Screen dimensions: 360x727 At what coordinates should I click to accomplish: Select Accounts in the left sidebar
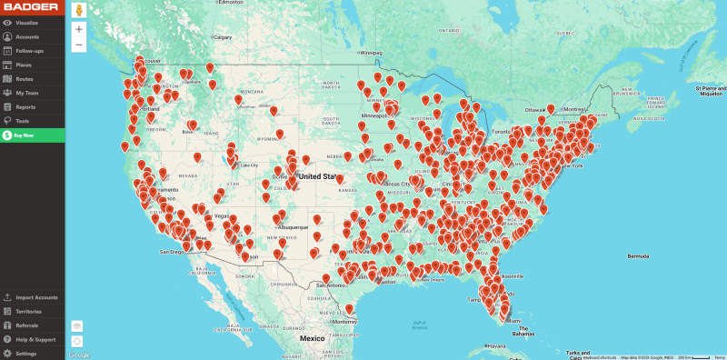(x=26, y=36)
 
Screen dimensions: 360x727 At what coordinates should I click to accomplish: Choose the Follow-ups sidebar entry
(x=29, y=50)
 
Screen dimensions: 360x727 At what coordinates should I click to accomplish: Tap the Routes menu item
(x=25, y=78)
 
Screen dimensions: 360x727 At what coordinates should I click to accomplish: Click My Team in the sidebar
(x=26, y=93)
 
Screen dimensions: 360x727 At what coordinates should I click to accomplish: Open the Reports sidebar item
(x=25, y=106)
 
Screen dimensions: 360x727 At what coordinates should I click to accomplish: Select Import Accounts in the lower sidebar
(x=35, y=297)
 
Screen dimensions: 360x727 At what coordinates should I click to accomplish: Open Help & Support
(x=35, y=339)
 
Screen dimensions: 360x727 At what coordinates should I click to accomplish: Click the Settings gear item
(x=25, y=353)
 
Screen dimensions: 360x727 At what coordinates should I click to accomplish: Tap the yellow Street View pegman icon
(x=79, y=10)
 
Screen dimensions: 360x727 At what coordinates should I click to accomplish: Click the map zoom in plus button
(x=79, y=29)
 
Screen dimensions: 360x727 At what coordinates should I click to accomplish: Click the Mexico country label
(x=313, y=338)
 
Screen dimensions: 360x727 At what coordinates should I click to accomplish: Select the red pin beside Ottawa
(x=550, y=109)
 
